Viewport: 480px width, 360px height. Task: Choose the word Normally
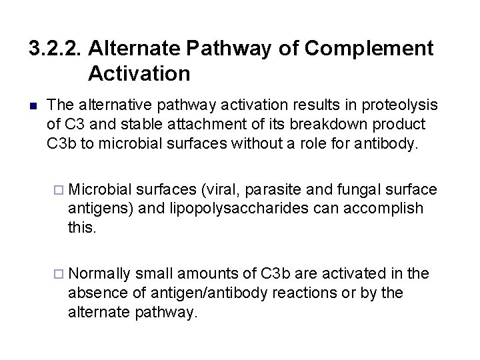[x=99, y=274]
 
